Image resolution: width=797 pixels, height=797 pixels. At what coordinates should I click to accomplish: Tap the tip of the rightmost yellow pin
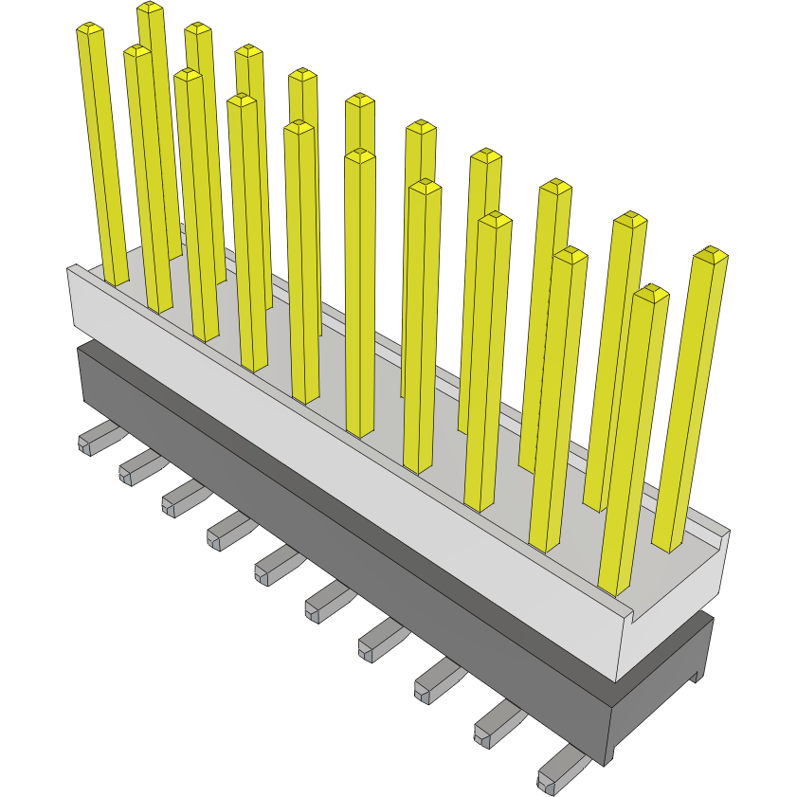[710, 254]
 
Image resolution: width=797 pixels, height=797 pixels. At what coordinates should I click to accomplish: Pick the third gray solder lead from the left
[179, 497]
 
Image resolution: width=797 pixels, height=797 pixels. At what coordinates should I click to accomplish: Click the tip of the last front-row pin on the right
[650, 292]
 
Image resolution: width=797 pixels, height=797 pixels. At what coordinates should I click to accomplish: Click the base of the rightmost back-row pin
[669, 545]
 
